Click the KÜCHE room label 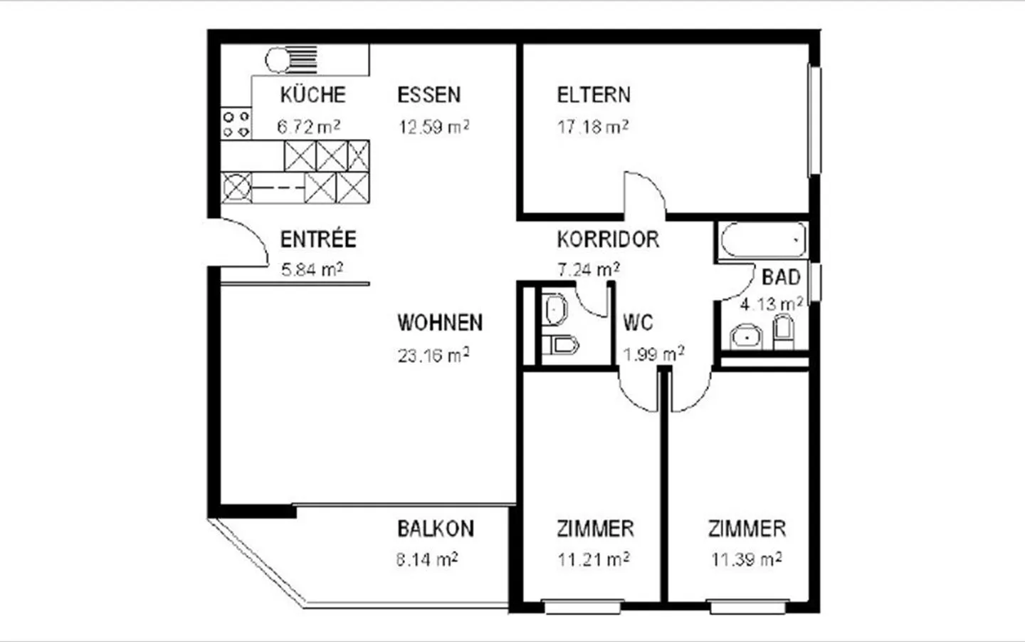[312, 95]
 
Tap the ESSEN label [429, 95]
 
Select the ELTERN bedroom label [594, 95]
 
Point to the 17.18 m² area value [592, 127]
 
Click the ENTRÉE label [317, 239]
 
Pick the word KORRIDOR [608, 239]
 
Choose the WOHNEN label [440, 323]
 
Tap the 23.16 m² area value [433, 354]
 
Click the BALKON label [435, 529]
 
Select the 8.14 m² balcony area [426, 559]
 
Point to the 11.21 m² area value [593, 559]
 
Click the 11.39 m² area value [747, 559]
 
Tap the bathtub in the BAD [762, 240]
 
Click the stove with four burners [236, 123]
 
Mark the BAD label [781, 277]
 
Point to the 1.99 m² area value [653, 354]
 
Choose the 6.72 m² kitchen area [308, 127]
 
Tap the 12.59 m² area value [433, 127]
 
